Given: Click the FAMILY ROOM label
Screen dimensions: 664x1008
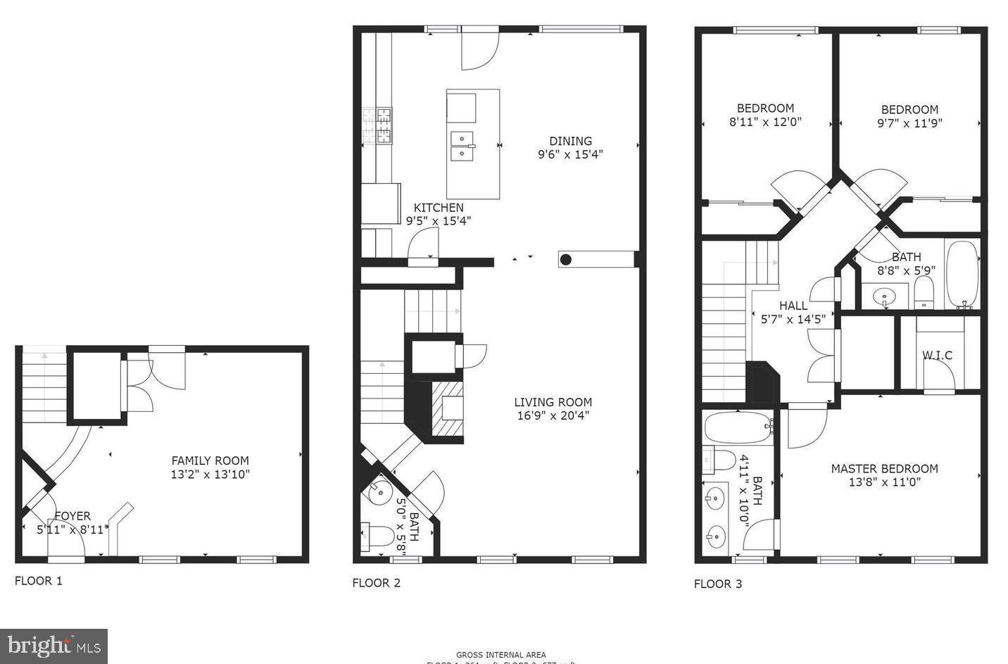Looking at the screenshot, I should click(210, 461).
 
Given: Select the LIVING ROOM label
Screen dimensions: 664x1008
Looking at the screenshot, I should click(553, 402).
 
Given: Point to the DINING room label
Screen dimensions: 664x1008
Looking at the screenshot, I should click(570, 141).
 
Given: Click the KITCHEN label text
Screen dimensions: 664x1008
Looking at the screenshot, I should click(438, 208).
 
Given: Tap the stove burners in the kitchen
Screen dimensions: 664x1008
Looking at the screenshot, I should click(384, 125).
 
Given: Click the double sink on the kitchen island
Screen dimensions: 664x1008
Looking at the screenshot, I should click(462, 146).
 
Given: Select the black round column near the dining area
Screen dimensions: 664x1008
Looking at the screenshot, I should click(565, 260).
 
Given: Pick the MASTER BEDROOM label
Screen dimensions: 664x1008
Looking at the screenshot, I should click(884, 469).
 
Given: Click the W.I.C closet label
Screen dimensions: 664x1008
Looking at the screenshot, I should click(937, 355).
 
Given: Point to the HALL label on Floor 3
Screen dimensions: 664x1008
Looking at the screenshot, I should click(793, 306).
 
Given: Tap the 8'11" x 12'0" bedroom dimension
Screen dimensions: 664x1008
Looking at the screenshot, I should click(765, 121).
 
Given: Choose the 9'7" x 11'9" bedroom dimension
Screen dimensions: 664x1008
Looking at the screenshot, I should click(909, 123).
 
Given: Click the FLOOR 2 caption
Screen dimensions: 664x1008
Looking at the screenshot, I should click(376, 582).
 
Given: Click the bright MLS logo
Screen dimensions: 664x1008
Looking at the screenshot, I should click(53, 646).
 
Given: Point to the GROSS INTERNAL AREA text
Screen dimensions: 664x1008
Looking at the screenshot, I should click(500, 655).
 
